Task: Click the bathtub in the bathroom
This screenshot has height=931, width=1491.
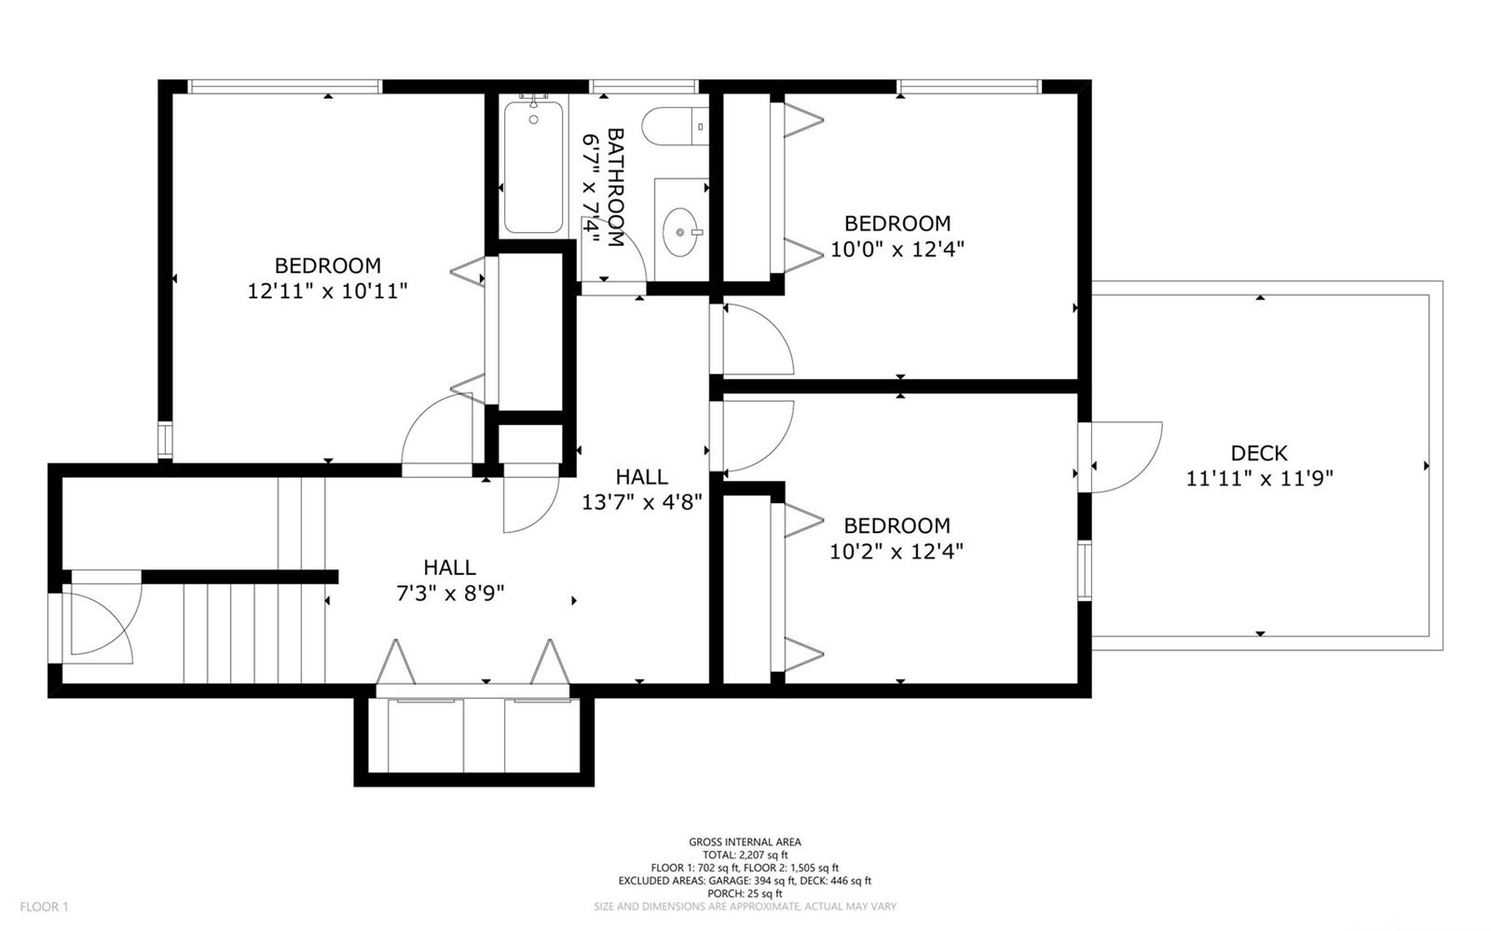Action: point(533,167)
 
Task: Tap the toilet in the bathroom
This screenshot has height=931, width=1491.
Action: point(675,126)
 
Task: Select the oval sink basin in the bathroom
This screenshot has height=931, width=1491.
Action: point(680,232)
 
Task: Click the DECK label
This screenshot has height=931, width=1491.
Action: point(1259,453)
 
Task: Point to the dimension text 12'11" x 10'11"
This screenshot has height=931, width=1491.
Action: point(327,291)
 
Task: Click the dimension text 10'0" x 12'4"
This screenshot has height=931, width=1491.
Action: point(897,249)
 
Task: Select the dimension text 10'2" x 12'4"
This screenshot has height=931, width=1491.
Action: point(896,551)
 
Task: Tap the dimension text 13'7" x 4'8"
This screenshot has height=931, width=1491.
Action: point(642,501)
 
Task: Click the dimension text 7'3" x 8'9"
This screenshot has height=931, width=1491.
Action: point(450,593)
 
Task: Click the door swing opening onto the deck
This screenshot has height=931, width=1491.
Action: point(1127,458)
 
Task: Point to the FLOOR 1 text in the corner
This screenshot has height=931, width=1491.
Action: point(44,907)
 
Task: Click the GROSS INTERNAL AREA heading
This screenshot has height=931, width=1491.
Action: point(745,842)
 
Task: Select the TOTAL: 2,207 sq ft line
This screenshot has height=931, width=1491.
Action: point(745,855)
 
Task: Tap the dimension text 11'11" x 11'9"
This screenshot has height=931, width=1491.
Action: point(1259,478)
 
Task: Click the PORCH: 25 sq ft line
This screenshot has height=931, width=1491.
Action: point(745,893)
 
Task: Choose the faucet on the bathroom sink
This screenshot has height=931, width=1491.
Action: point(695,232)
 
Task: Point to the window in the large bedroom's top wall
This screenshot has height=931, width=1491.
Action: point(284,87)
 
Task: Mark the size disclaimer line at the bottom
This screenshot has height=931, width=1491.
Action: point(745,907)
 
